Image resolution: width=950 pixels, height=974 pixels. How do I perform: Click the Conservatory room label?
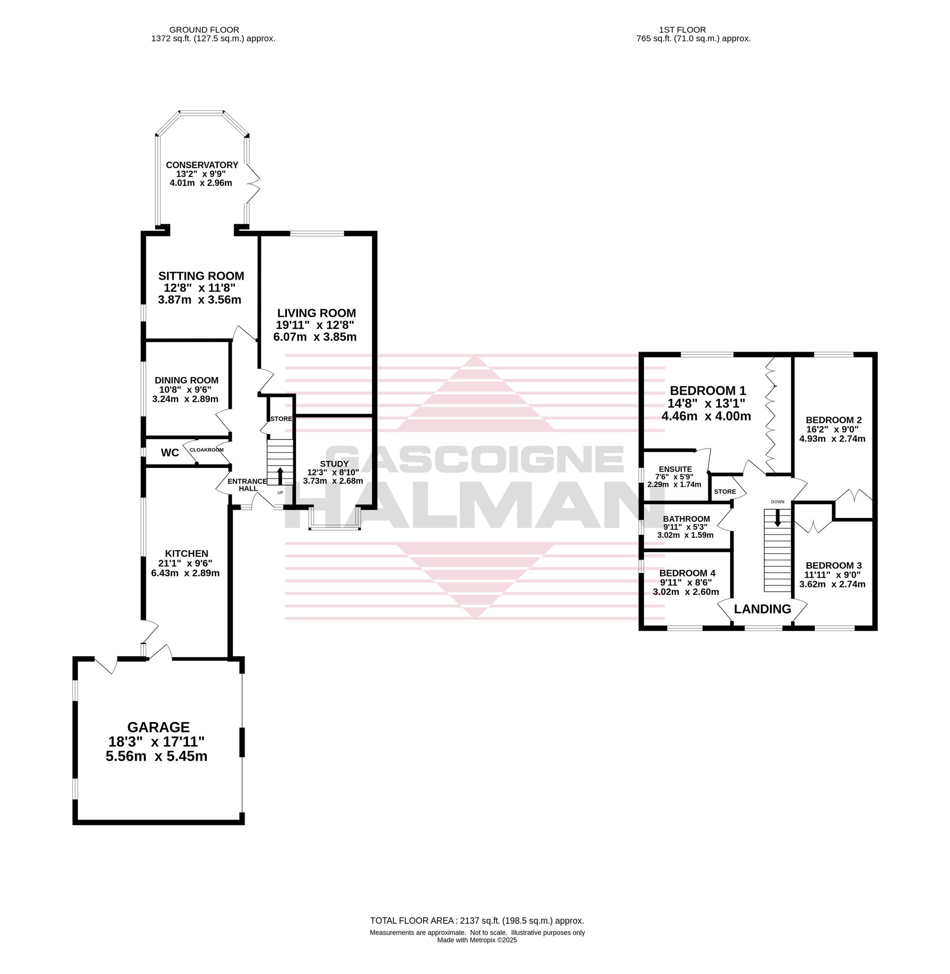click(202, 165)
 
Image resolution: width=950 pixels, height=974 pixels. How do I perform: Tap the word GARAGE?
click(159, 727)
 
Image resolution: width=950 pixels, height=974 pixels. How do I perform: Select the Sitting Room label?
click(201, 276)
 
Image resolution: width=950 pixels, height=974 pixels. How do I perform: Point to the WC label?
click(170, 453)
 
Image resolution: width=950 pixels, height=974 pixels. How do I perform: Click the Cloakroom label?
click(207, 449)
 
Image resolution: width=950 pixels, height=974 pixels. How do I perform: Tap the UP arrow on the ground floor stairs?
click(279, 476)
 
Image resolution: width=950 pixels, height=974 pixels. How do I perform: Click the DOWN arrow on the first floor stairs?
click(778, 518)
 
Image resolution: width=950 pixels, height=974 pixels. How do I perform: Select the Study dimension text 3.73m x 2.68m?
click(333, 481)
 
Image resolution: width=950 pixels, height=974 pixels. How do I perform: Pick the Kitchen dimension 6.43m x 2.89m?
click(186, 573)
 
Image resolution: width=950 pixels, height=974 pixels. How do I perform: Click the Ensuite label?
click(675, 469)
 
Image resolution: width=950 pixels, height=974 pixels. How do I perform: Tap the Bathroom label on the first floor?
click(686, 519)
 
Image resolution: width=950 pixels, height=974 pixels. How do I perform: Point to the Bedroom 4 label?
click(691, 573)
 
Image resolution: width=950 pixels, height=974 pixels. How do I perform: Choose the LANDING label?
click(762, 609)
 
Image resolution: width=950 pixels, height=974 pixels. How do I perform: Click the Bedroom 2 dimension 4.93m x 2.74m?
click(832, 439)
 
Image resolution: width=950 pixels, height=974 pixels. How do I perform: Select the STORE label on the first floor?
click(725, 491)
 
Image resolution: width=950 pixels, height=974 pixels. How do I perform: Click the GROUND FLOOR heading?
click(204, 30)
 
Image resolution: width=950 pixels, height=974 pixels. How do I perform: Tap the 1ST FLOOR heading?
click(682, 30)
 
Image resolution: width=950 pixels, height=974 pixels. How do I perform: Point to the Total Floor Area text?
click(477, 921)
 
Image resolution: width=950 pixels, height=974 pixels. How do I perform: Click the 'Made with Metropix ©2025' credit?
click(477, 940)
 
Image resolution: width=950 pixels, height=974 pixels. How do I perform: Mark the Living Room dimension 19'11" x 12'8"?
click(315, 325)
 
